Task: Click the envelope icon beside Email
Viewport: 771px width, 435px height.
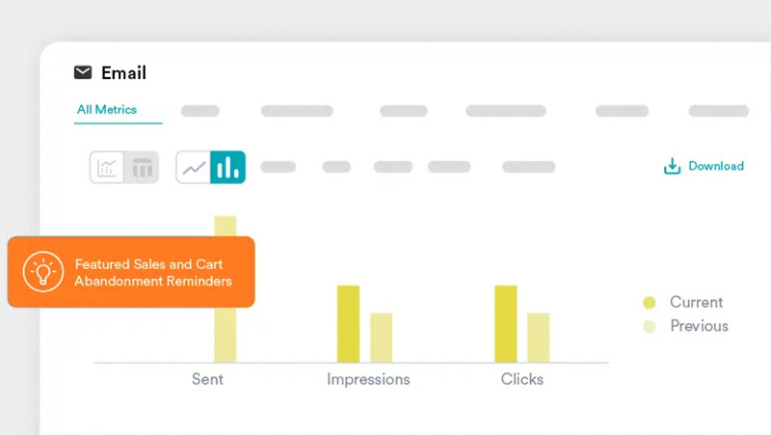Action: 83,72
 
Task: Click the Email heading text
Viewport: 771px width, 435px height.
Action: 123,73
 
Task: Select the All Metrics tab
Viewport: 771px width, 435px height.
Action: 107,109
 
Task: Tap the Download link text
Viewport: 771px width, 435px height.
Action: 716,166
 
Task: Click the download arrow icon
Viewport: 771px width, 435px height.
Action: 672,166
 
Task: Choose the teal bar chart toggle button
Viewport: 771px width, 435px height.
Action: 227,167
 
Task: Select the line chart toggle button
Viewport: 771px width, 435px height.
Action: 194,167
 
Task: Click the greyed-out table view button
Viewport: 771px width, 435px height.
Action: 142,167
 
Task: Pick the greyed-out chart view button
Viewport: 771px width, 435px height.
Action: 107,167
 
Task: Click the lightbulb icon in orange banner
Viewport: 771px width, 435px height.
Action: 43,272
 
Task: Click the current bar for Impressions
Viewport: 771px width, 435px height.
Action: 348,324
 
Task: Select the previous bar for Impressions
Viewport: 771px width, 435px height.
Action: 381,338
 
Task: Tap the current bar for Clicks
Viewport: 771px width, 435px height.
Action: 505,324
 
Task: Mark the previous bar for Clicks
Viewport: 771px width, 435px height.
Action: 539,338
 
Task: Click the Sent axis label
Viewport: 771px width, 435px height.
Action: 207,379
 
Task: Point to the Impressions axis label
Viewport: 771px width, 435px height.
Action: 368,379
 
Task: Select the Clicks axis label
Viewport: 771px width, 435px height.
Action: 522,379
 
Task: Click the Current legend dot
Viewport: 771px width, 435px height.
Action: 649,303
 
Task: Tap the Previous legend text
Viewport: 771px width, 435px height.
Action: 700,326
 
